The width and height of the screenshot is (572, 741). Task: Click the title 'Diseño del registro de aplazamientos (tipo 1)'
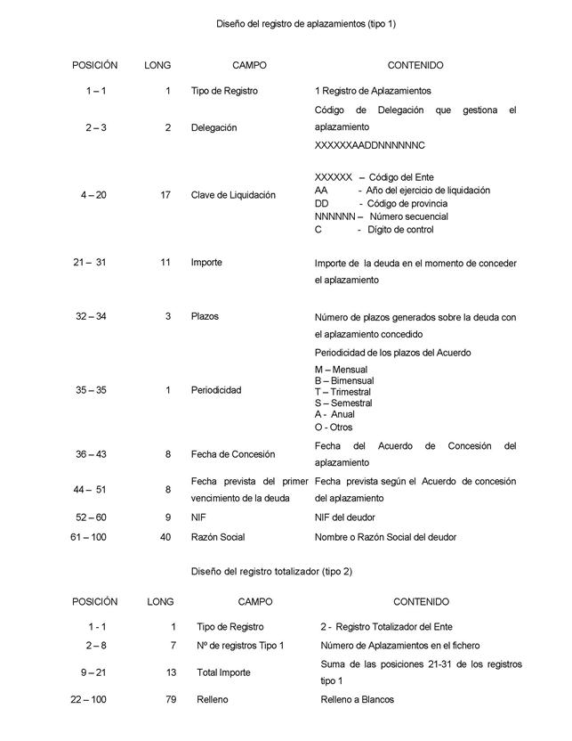[307, 23]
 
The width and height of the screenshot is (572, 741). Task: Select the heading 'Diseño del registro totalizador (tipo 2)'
[271, 571]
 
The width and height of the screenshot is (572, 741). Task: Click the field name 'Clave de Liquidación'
[233, 195]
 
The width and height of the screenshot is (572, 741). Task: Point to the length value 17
[165, 195]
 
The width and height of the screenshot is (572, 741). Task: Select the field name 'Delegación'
[213, 127]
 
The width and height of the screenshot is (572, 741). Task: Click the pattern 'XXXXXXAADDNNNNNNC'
[370, 144]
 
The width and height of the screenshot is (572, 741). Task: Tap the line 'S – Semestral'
[343, 403]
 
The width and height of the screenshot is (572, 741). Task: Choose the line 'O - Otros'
[334, 427]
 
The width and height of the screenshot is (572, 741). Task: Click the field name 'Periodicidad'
[216, 390]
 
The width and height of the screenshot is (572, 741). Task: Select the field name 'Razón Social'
[218, 537]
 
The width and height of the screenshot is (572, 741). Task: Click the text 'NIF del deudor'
[345, 517]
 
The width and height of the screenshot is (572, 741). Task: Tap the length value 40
[165, 537]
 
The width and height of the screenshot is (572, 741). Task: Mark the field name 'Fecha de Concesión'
[233, 454]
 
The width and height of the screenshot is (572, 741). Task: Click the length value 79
[171, 700]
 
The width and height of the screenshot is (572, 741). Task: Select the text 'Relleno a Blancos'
[357, 700]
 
